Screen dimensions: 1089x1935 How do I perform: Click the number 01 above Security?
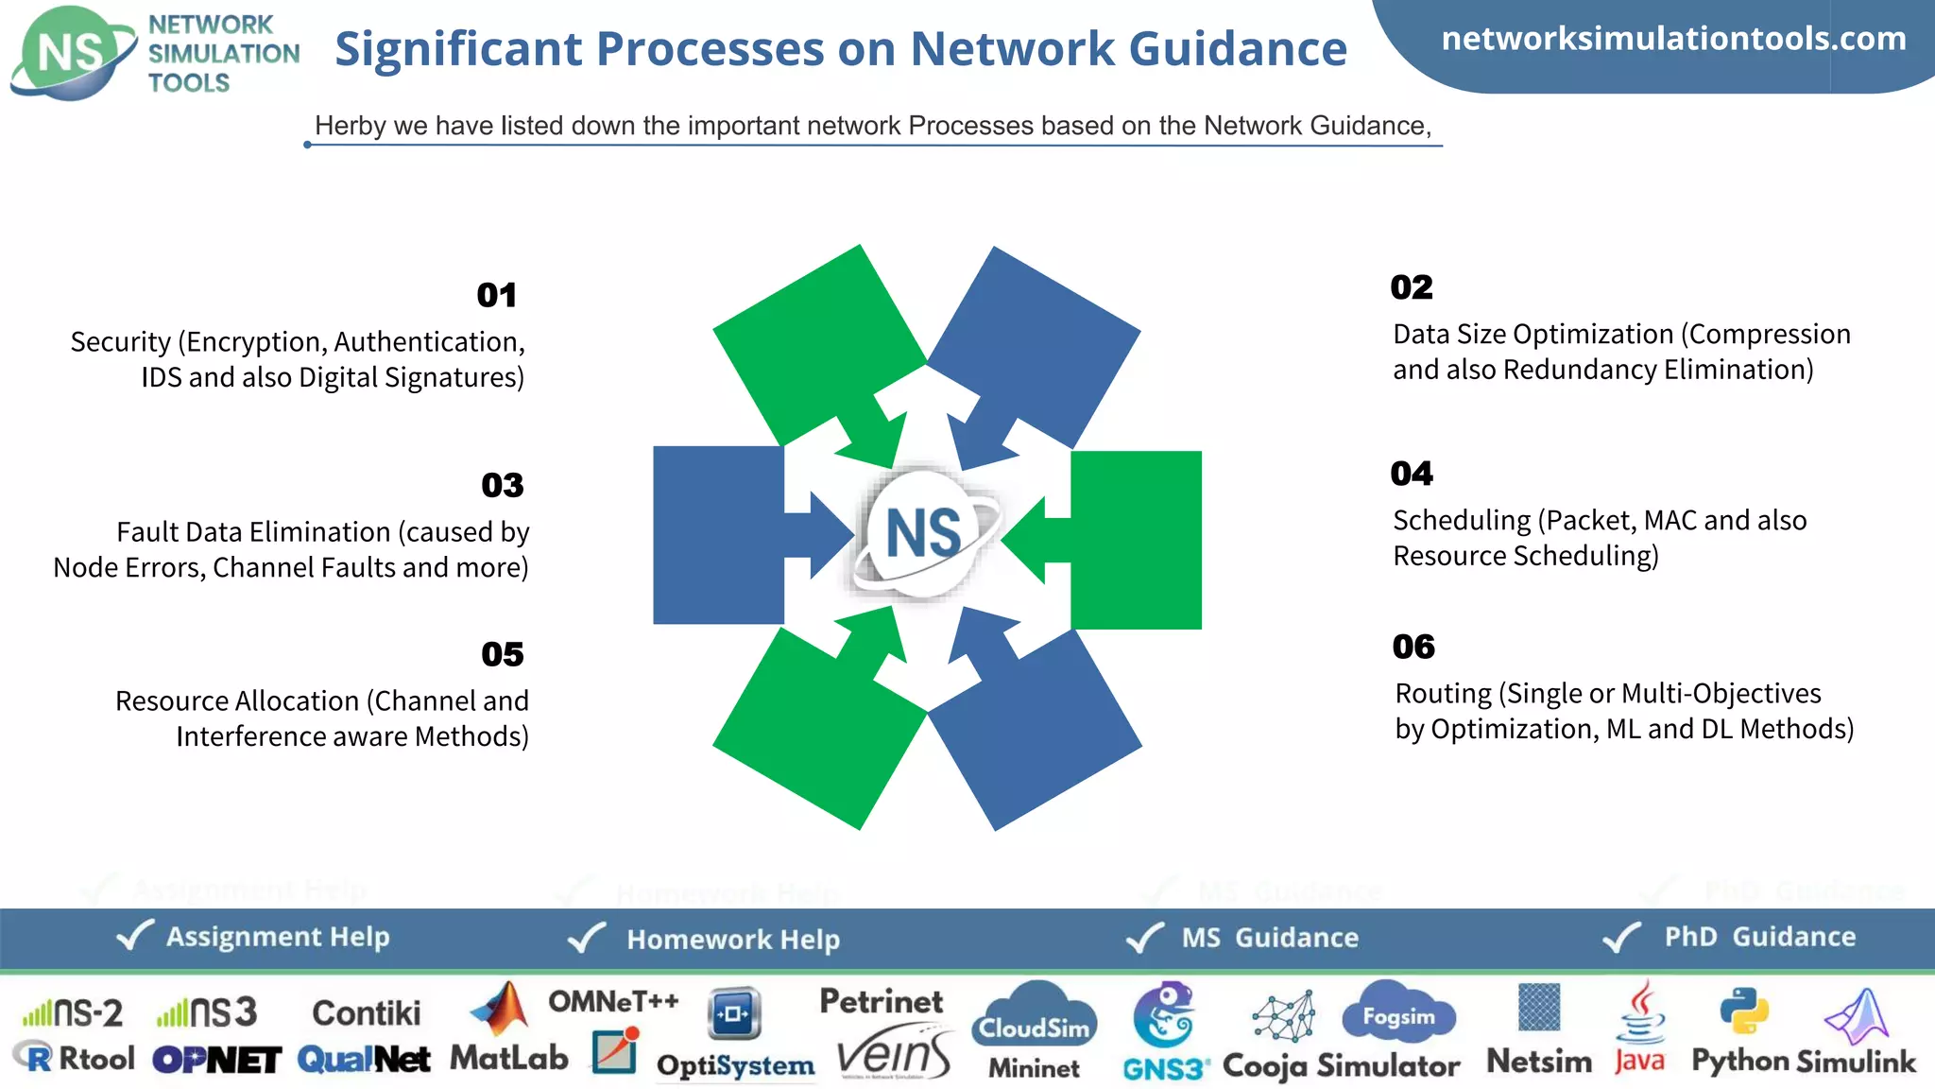click(496, 295)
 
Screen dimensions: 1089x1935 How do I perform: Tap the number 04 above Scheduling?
click(1412, 473)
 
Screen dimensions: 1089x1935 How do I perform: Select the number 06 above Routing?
click(1413, 647)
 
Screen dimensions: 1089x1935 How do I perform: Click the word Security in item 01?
click(121, 341)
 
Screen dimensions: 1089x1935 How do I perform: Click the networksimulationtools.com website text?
click(1673, 39)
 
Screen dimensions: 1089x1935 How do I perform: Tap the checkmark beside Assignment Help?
click(134, 936)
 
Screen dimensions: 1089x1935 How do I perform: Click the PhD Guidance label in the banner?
click(1759, 937)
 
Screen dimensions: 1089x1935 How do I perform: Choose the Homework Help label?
click(732, 940)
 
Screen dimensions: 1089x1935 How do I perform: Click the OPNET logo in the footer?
click(216, 1060)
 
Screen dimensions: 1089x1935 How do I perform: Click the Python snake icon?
click(1743, 1011)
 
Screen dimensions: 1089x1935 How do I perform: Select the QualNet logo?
click(364, 1060)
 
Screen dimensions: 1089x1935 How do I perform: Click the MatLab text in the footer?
click(508, 1057)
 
